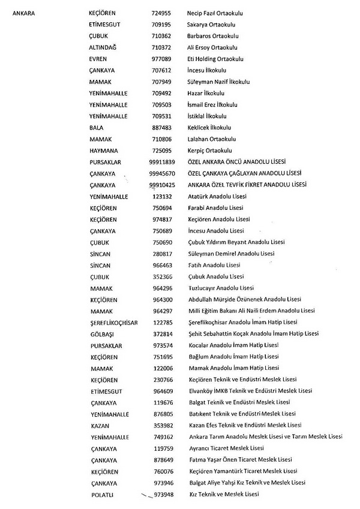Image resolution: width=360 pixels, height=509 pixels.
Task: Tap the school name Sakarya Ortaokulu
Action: tap(210, 25)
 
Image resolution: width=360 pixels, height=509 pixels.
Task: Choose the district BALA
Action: tap(96, 128)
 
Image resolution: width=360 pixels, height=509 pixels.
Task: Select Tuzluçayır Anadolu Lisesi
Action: tap(221, 288)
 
